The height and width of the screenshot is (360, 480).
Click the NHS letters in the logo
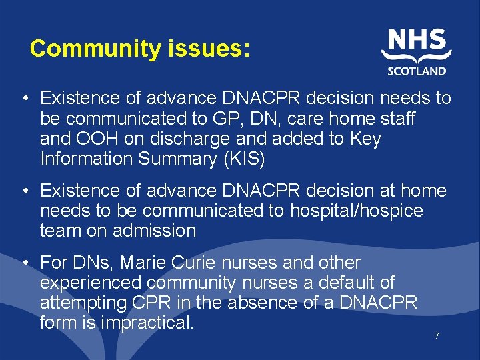(417, 41)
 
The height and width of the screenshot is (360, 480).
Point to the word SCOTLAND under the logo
(417, 71)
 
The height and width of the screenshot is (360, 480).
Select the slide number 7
(437, 336)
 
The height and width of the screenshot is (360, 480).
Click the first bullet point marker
(24, 99)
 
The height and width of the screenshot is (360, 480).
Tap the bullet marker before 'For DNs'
(24, 263)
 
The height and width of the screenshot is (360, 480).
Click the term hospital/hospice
(357, 211)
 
